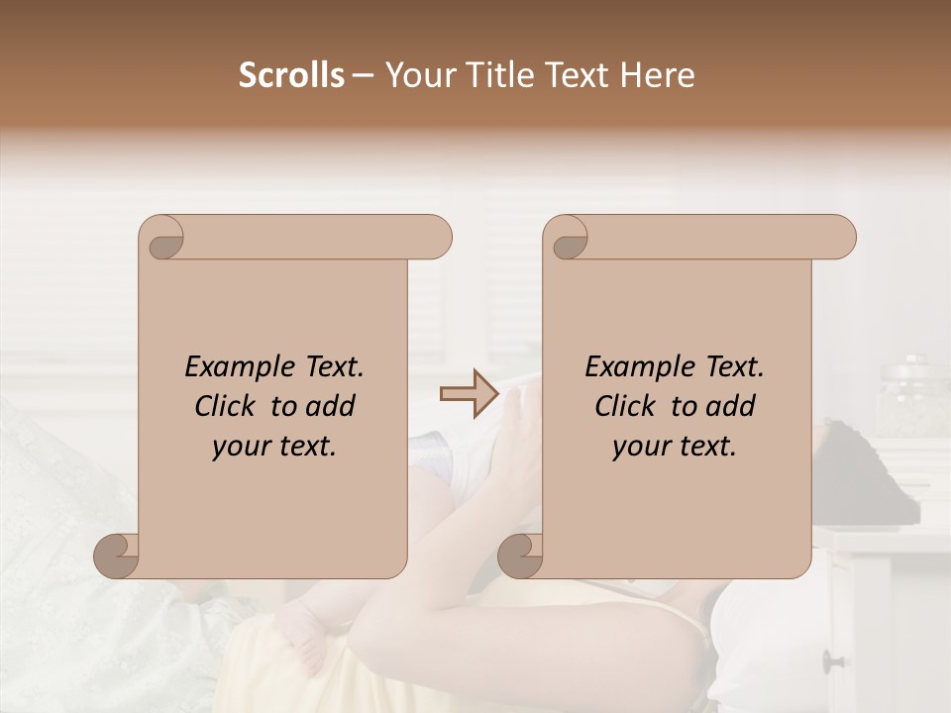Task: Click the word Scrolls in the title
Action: click(x=291, y=75)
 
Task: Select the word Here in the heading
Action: click(x=658, y=75)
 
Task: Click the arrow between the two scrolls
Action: click(x=469, y=395)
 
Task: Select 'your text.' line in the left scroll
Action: click(x=274, y=446)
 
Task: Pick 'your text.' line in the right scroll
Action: click(x=675, y=446)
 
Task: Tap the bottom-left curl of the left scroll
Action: click(x=117, y=556)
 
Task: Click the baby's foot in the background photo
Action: click(x=303, y=634)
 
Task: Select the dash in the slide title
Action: click(x=364, y=76)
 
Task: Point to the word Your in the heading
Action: click(x=418, y=75)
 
